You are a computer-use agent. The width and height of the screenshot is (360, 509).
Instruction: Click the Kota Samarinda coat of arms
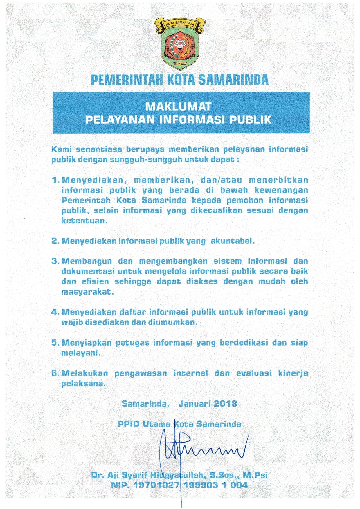180,44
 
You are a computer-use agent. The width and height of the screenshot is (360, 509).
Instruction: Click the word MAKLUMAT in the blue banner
178,107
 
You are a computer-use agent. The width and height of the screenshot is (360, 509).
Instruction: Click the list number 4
55,312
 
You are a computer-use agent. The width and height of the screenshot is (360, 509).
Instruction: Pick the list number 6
55,373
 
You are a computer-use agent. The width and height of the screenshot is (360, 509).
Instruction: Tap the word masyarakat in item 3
87,292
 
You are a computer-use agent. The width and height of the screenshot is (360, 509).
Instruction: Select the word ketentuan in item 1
84,221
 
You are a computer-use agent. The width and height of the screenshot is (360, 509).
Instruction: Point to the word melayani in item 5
81,353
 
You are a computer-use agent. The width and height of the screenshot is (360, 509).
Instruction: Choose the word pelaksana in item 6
83,384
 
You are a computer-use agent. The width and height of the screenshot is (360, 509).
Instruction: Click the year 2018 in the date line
225,404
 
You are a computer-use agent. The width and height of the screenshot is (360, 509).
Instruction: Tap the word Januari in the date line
193,404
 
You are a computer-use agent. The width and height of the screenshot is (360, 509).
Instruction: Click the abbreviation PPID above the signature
129,424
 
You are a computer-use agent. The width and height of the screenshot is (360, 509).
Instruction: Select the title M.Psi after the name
255,475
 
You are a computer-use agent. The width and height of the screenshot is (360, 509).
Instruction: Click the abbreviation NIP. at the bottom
120,485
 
